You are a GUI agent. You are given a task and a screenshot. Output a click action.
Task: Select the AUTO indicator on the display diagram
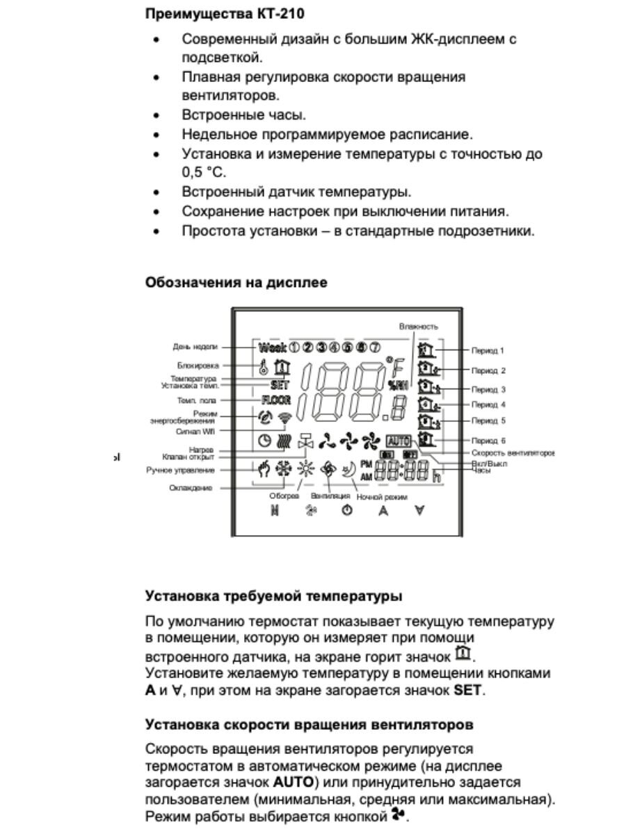click(x=399, y=440)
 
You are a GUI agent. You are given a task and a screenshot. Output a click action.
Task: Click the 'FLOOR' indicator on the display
click(x=276, y=400)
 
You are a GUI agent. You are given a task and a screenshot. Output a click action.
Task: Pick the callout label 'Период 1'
click(x=488, y=352)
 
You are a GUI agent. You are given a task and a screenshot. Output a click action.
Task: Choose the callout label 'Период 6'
click(x=488, y=440)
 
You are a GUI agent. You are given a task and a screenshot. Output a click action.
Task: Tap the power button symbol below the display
click(x=346, y=511)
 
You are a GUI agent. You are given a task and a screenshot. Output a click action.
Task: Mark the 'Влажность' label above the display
click(x=419, y=326)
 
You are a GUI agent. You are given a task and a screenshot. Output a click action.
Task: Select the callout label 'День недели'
click(x=196, y=346)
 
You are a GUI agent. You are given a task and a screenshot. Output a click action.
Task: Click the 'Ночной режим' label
click(x=382, y=498)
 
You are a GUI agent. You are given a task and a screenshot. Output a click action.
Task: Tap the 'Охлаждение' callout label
click(x=191, y=489)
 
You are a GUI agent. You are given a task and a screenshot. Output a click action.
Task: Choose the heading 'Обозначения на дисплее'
click(x=236, y=283)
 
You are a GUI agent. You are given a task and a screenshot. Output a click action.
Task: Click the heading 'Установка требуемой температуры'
click(x=273, y=596)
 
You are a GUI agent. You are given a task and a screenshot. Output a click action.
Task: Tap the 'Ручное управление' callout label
click(x=181, y=471)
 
